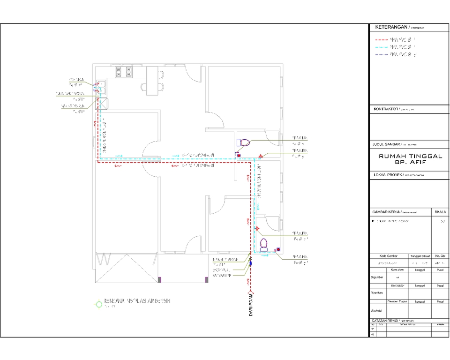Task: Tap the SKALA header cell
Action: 440,212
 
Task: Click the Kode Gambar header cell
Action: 388,256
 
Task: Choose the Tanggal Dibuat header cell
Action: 420,256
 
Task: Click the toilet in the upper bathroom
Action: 243,142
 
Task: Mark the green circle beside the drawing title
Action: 98,304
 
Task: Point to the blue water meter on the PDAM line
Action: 251,263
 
